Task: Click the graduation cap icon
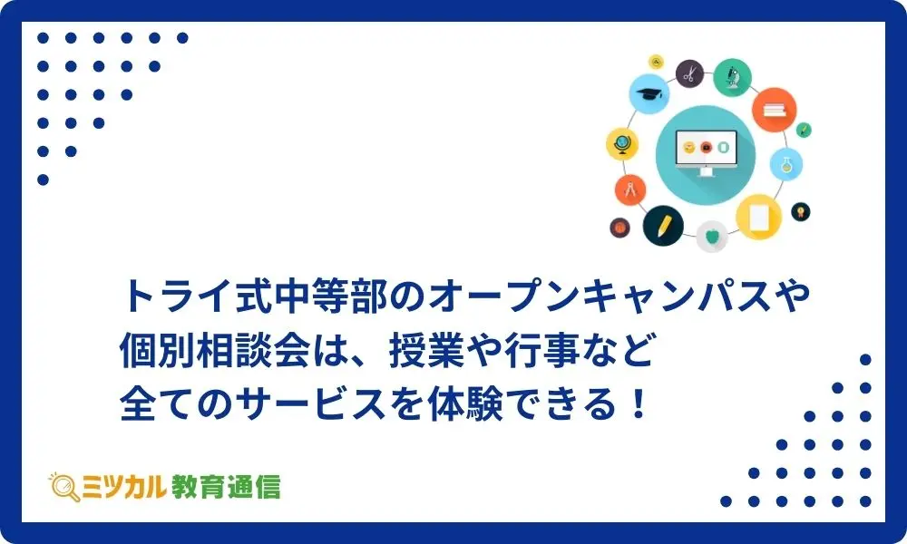click(649, 93)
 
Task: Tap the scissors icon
click(689, 74)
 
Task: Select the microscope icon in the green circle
click(732, 77)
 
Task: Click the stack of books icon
click(774, 110)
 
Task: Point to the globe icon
click(622, 144)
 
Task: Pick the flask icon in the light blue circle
click(786, 165)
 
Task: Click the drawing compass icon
click(630, 189)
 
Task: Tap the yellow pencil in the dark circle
click(664, 226)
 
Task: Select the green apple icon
click(711, 236)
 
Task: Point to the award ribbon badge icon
click(801, 211)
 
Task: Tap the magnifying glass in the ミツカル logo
click(64, 488)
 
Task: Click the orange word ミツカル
click(123, 487)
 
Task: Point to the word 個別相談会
click(215, 350)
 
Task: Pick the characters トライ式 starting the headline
click(196, 296)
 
